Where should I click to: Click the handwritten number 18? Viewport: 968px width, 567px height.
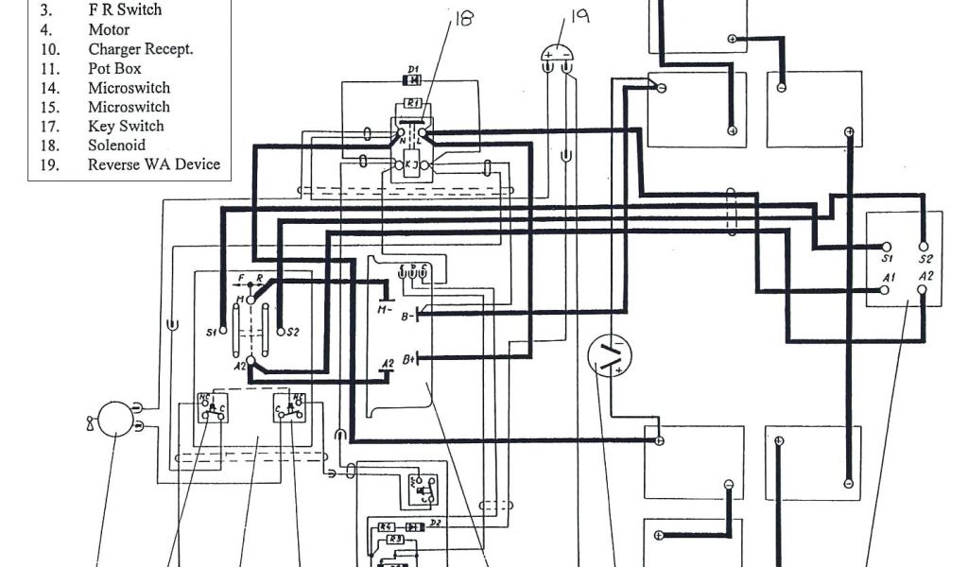pyautogui.click(x=464, y=19)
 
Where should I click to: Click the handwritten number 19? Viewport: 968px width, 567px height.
pyautogui.click(x=579, y=18)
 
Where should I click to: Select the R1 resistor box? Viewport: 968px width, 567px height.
pyautogui.click(x=413, y=102)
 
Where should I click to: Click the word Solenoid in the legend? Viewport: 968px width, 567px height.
pyautogui.click(x=116, y=145)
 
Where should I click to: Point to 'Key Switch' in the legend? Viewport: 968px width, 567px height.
pyautogui.click(x=126, y=126)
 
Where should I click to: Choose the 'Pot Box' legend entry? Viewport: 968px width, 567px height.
pyautogui.click(x=114, y=69)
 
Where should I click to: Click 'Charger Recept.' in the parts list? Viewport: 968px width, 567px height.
pyautogui.click(x=141, y=49)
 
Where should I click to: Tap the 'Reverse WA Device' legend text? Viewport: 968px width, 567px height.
pyautogui.click(x=154, y=163)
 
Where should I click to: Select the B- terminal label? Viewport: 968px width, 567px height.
pyautogui.click(x=407, y=317)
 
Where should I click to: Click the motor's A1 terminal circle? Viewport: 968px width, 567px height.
pyautogui.click(x=884, y=289)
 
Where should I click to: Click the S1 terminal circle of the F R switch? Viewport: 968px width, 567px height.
pyautogui.click(x=224, y=332)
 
